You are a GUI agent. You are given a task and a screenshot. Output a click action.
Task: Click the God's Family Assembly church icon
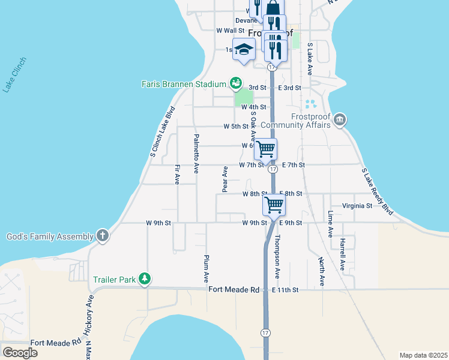click(103, 236)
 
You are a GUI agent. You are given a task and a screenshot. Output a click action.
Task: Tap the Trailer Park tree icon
click(145, 279)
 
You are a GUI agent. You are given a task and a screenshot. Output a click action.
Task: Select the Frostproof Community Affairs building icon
click(340, 120)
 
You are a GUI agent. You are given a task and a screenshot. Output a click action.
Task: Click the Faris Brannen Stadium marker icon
click(235, 83)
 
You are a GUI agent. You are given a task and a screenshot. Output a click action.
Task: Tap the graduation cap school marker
click(244, 50)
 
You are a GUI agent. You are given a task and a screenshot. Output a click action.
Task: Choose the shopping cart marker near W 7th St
click(265, 149)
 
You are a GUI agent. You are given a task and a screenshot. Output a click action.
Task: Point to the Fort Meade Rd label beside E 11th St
click(234, 290)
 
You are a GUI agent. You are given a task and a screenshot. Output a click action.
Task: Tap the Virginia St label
click(357, 206)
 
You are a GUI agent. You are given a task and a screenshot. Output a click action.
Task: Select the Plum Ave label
click(205, 269)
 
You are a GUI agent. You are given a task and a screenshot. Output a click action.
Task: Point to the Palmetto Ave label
click(196, 154)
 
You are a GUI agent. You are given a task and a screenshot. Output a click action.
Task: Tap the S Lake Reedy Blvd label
click(378, 192)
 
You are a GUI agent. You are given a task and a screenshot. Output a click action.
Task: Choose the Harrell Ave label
click(343, 256)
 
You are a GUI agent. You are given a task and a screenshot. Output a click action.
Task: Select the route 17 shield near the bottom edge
click(265, 332)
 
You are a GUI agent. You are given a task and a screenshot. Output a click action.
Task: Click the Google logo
click(20, 353)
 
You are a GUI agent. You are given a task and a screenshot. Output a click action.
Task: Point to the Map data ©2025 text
click(423, 355)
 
